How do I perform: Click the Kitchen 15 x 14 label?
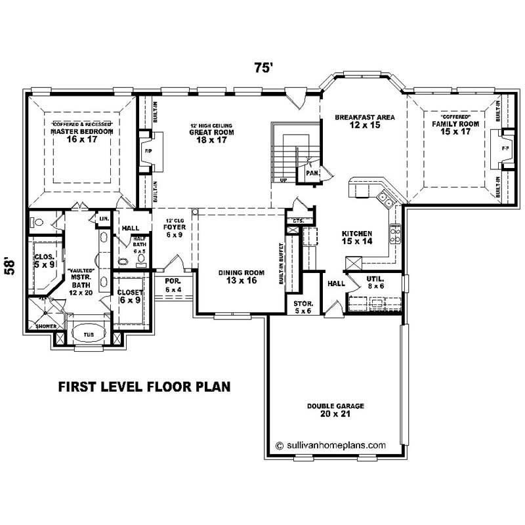(x=357, y=238)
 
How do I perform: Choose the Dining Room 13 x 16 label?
(x=241, y=276)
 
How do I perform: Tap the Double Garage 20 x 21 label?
(x=335, y=410)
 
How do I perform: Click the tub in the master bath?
(x=87, y=334)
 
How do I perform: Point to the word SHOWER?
(x=46, y=326)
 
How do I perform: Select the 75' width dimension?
(x=264, y=67)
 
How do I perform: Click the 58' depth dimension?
(x=10, y=265)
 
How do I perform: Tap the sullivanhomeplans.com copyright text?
(x=331, y=444)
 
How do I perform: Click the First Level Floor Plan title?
(x=144, y=386)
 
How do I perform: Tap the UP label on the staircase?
(x=283, y=178)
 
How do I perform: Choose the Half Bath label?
(x=139, y=243)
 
